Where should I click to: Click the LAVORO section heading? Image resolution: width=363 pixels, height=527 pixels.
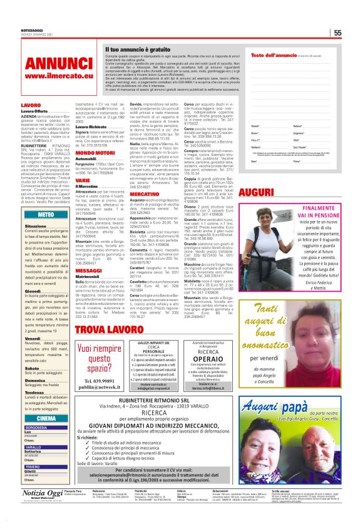(x=31, y=105)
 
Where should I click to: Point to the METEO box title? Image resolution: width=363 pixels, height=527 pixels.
(x=46, y=214)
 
